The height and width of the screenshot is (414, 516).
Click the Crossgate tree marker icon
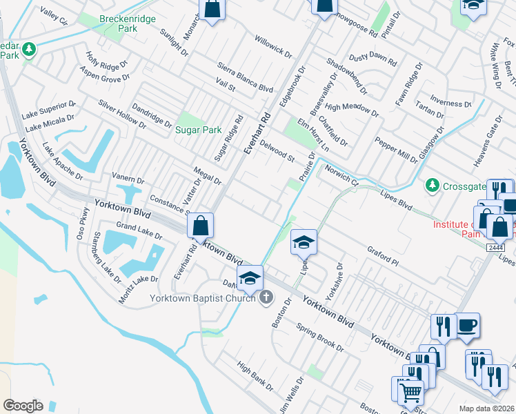point(432,184)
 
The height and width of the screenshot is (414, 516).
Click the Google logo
point(23,405)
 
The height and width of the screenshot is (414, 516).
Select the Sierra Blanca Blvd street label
point(245,76)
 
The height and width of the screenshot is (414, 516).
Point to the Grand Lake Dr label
point(139,230)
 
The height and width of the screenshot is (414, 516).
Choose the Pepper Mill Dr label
point(395,150)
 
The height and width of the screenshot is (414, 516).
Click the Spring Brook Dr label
point(319,335)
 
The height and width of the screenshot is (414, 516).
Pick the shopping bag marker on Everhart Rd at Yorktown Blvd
point(199,226)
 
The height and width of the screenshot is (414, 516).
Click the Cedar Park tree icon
point(29,49)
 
